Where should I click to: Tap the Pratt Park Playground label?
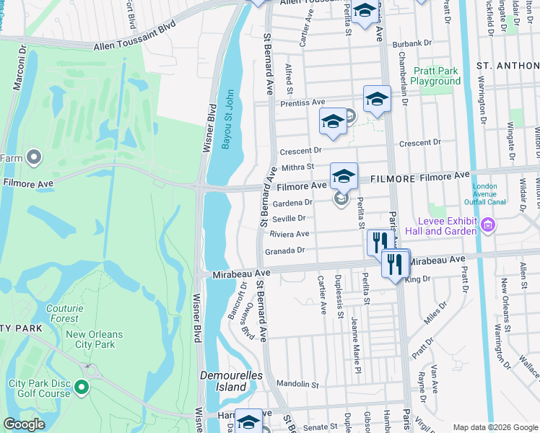[435, 76]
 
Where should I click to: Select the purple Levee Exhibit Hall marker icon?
[488, 227]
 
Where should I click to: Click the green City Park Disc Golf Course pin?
[82, 388]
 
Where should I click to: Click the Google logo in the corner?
[23, 424]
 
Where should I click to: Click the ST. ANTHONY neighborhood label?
[508, 64]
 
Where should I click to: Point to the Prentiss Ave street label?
[303, 103]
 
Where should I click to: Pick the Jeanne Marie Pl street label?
[355, 339]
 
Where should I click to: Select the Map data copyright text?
[495, 427]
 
